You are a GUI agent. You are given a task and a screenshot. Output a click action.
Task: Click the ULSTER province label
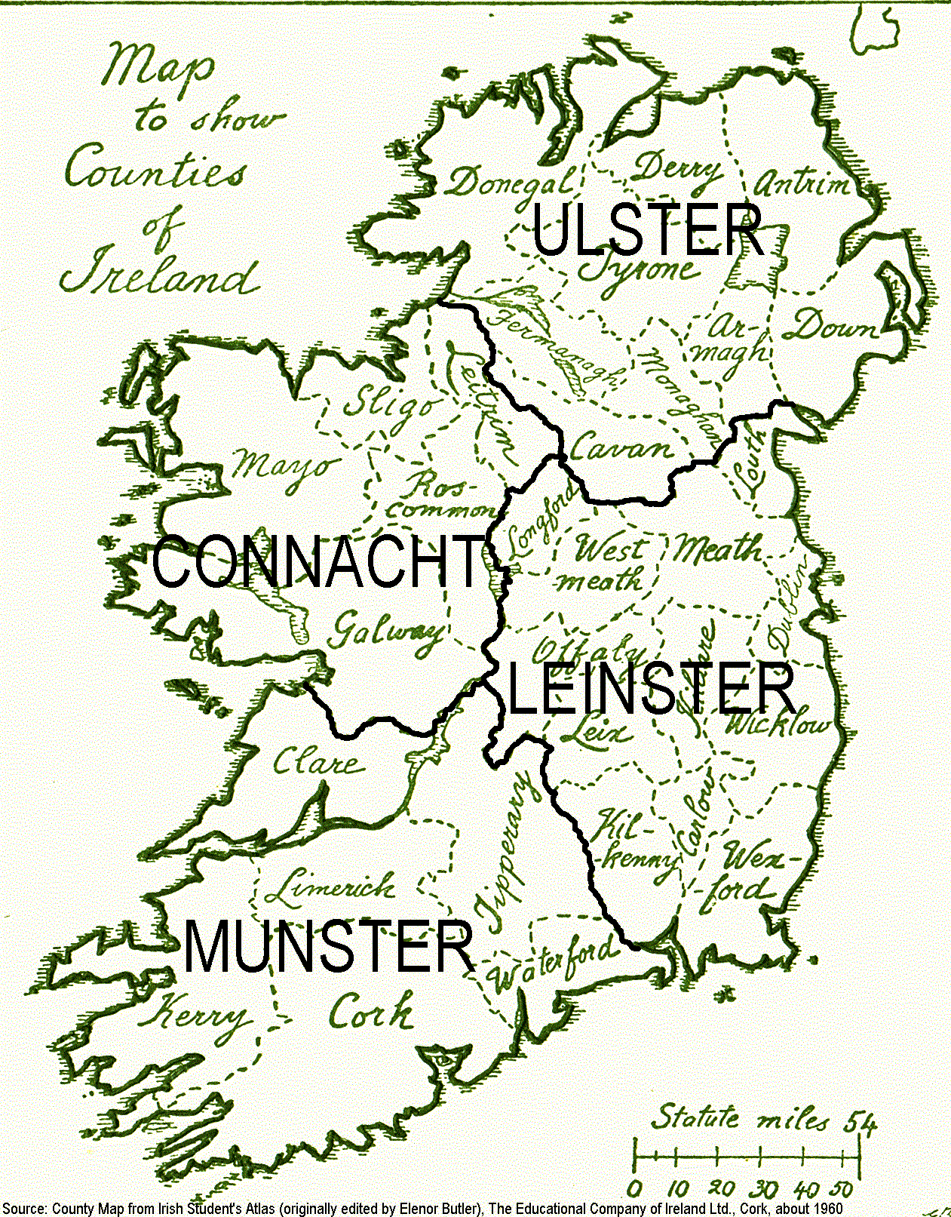[647, 230]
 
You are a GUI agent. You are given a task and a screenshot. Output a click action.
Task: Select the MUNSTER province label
[329, 947]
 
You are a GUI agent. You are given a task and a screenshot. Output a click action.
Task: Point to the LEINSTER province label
[650, 688]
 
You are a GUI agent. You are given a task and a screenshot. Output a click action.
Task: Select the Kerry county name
[192, 1015]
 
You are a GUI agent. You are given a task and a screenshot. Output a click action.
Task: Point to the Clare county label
[317, 762]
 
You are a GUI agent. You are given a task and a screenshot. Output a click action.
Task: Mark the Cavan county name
[620, 448]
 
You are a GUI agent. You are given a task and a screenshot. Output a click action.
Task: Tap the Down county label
[830, 327]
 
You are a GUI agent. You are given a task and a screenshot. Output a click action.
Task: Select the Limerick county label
[330, 889]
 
